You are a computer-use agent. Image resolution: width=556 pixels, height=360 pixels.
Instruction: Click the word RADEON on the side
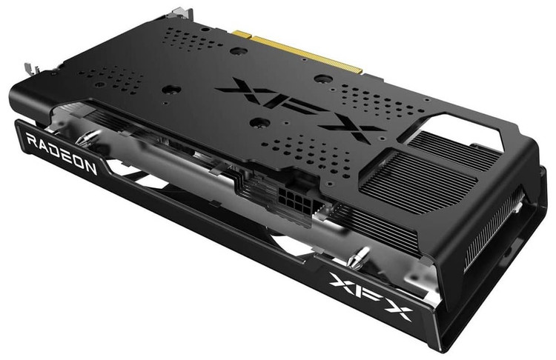61,154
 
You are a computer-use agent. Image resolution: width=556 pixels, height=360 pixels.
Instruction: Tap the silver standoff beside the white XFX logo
358,257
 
